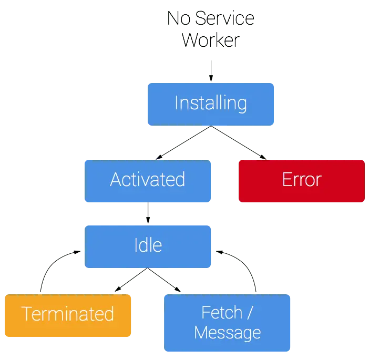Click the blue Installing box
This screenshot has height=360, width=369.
coord(211,103)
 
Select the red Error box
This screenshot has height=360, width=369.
coord(301,180)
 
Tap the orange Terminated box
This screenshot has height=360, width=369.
coord(67,314)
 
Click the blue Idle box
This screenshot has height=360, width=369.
coord(148,245)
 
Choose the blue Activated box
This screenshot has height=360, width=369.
coord(148,180)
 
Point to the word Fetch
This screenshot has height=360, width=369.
coord(221,313)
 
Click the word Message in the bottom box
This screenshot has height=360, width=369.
coord(227,333)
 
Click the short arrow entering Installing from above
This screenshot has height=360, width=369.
coord(211,71)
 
